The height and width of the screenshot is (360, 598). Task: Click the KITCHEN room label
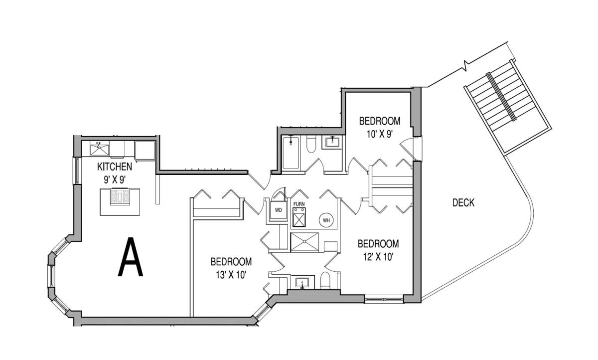click(115, 167)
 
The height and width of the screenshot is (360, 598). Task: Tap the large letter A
click(131, 257)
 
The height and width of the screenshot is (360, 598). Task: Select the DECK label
click(463, 203)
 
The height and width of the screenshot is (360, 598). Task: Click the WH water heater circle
click(326, 220)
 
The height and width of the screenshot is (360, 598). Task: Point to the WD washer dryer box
click(278, 210)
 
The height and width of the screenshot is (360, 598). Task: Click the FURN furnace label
click(299, 204)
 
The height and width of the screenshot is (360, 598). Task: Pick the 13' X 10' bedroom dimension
click(231, 275)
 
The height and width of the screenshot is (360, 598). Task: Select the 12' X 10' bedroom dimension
click(378, 257)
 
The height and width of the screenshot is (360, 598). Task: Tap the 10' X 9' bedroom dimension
click(379, 134)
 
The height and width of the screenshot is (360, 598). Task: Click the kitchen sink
click(100, 150)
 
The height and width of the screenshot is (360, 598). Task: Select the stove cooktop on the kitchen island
click(121, 196)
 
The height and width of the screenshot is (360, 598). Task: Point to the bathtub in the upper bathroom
click(291, 153)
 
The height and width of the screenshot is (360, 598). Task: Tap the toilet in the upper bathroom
click(311, 144)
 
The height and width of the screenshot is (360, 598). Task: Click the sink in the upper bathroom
click(333, 142)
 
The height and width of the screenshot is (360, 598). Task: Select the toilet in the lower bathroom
click(325, 280)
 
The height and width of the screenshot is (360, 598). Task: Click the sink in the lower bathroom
click(302, 283)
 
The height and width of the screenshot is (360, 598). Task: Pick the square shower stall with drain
click(304, 242)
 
